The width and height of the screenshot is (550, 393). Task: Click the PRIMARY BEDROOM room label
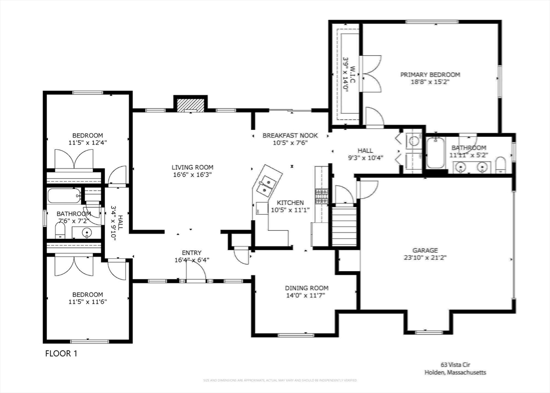pyautogui.click(x=430, y=75)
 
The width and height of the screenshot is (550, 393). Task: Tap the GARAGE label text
pyautogui.click(x=425, y=250)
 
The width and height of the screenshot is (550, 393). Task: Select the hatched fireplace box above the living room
pyautogui.click(x=190, y=105)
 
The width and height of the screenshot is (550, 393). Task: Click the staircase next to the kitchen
pyautogui.click(x=344, y=225)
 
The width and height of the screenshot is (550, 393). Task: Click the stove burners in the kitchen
pyautogui.click(x=321, y=195)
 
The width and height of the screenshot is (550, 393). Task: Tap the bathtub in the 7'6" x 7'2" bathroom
pyautogui.click(x=63, y=195)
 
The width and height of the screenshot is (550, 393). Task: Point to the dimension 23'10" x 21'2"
pyautogui.click(x=425, y=258)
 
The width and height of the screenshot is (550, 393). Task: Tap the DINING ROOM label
pyautogui.click(x=306, y=288)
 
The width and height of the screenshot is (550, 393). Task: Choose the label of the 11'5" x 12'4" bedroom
pyautogui.click(x=88, y=135)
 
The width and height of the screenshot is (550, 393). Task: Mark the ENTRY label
pyautogui.click(x=192, y=253)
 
